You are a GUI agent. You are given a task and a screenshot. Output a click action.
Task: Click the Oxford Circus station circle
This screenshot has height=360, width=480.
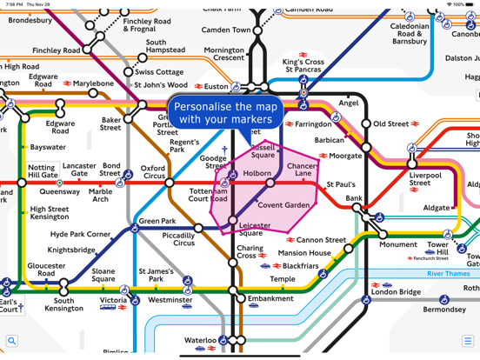coord(170,183)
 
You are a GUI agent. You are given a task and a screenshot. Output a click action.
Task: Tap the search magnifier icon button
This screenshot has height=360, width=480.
coord(11,341)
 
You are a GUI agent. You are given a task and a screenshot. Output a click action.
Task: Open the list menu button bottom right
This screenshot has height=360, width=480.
coord(467,341)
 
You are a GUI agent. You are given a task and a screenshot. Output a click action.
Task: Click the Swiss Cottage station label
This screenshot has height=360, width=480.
coord(158,72)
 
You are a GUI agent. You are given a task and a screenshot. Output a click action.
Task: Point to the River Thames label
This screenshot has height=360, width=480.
coord(448,273)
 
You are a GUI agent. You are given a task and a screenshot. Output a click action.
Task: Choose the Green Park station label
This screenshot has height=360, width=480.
coord(157,221)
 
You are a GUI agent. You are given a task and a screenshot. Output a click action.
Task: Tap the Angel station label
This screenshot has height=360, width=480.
coord(348,103)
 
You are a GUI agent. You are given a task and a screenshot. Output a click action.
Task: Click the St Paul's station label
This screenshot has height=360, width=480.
coord(340,185)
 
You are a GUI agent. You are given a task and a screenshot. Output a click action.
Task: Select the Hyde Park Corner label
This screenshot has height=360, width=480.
coord(81,235)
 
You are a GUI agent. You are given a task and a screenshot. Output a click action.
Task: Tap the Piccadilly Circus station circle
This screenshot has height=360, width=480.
coord(199,228)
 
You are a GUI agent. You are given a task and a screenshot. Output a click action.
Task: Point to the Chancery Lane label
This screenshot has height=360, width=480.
coord(302,170)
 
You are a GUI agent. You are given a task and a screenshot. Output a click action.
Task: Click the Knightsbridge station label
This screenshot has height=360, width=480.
coord(71,250)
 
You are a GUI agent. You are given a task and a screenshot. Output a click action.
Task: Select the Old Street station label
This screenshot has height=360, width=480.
coord(390,124)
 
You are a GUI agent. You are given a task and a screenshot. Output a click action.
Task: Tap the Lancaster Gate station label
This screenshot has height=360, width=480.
coord(79,170)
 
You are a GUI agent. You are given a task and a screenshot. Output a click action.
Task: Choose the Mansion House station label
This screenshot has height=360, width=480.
coord(303,253)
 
